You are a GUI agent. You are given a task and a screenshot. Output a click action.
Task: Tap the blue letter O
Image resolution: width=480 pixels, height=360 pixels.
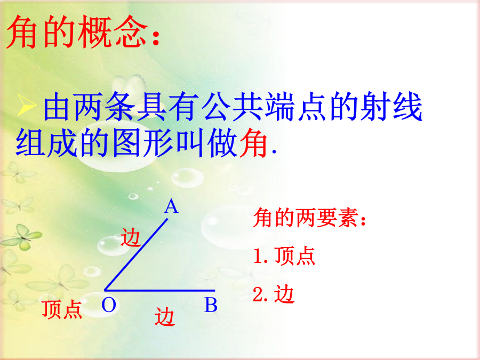pyautogui.click(x=109, y=305)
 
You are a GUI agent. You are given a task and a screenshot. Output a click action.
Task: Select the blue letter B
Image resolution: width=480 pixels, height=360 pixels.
pyautogui.click(x=211, y=305)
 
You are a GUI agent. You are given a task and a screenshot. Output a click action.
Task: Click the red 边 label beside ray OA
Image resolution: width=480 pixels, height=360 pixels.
pyautogui.click(x=131, y=237)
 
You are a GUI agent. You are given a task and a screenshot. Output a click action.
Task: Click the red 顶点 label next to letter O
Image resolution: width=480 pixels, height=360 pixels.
pyautogui.click(x=62, y=309)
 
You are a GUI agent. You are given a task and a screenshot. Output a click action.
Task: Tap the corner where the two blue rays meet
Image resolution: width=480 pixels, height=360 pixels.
pyautogui.click(x=105, y=290)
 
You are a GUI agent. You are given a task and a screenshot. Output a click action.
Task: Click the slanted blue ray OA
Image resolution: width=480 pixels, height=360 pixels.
pyautogui.click(x=136, y=254)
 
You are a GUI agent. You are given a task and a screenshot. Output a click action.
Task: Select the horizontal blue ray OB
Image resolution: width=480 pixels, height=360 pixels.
pyautogui.click(x=160, y=290)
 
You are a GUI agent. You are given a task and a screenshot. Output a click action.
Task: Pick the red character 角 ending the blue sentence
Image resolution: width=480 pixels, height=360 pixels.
pyautogui.click(x=253, y=142)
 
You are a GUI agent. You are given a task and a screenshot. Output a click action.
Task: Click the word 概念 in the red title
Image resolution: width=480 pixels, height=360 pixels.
pyautogui.click(x=113, y=32)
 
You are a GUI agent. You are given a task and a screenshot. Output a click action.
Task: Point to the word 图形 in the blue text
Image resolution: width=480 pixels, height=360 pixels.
pyautogui.click(x=143, y=142)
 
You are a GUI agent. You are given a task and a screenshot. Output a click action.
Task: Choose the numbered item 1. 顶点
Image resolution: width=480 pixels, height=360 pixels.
pyautogui.click(x=284, y=255)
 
